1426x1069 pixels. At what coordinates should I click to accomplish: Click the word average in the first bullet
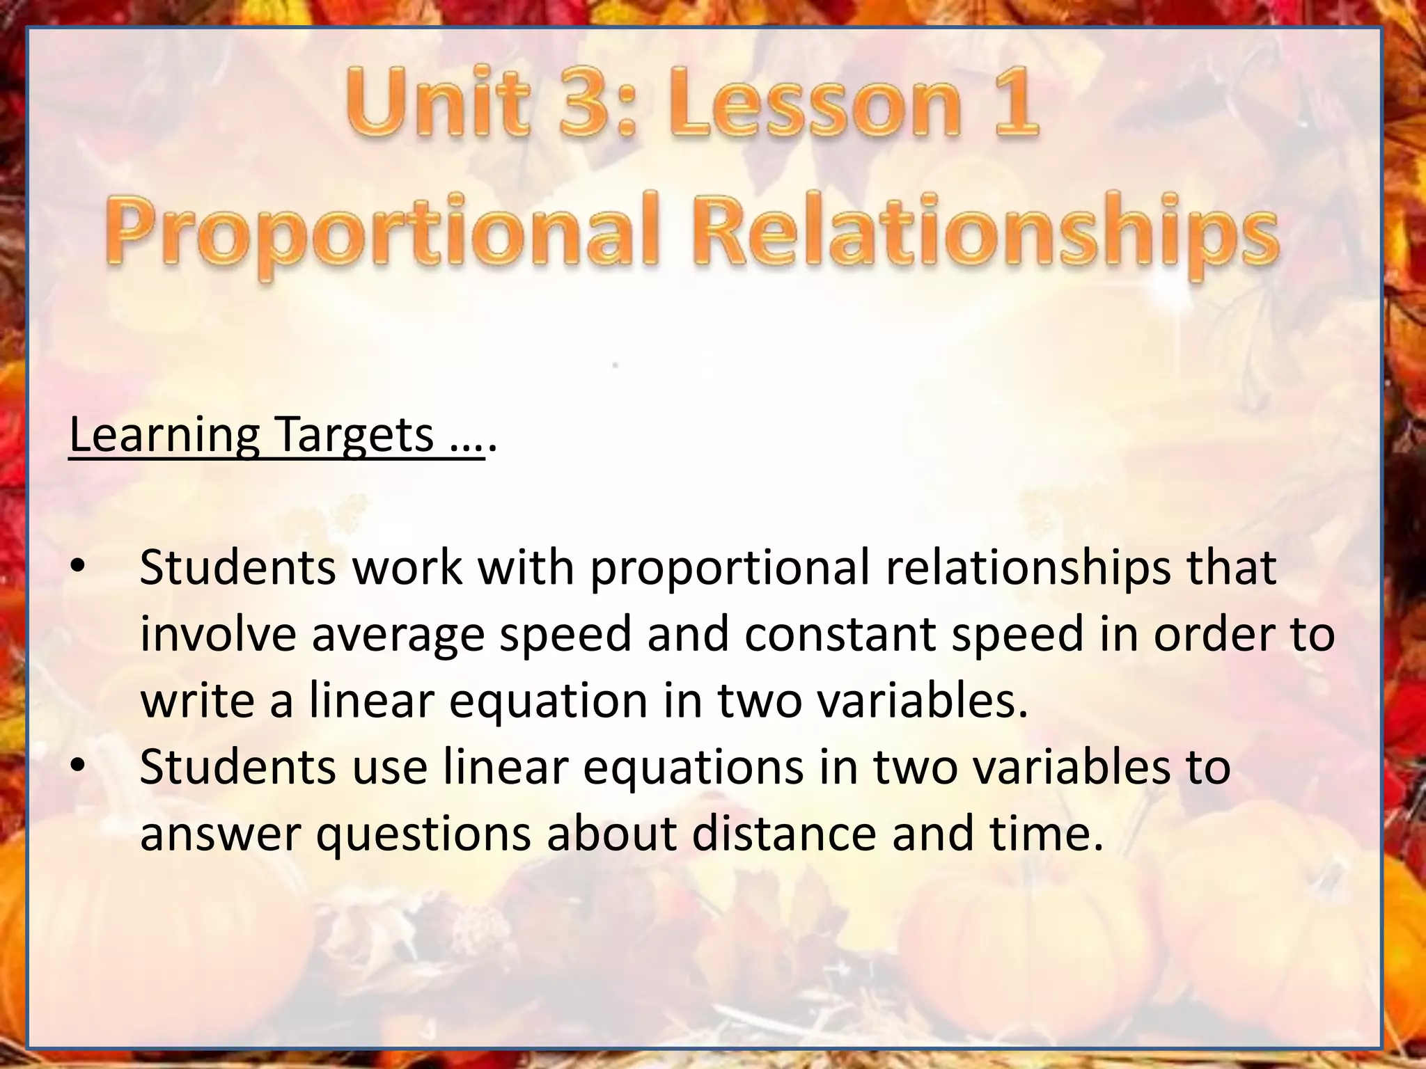(398, 635)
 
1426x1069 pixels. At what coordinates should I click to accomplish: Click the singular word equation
(549, 702)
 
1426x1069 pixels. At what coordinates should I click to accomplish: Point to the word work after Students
(407, 567)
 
